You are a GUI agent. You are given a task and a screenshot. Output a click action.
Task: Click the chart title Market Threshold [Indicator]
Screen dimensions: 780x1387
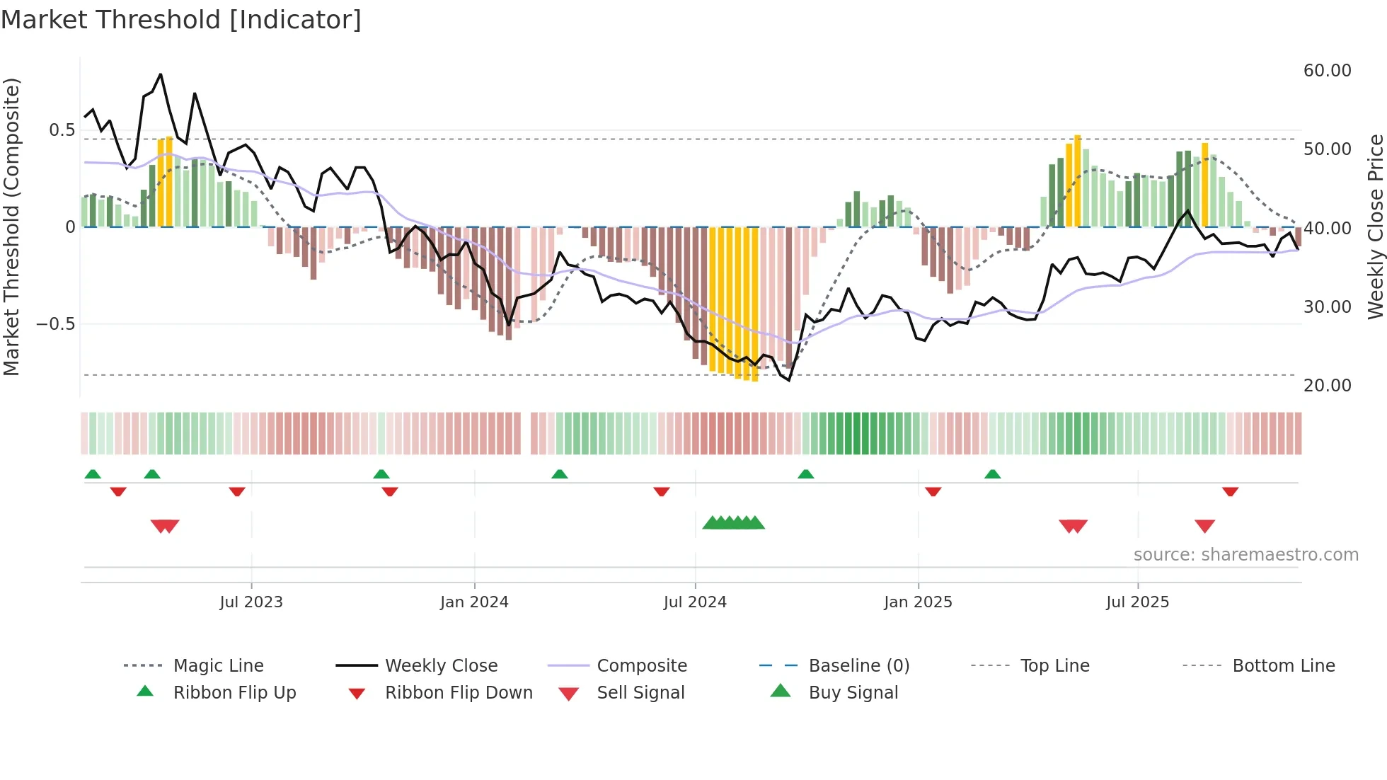click(181, 20)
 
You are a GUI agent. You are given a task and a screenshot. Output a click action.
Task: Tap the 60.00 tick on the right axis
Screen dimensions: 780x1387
click(1327, 71)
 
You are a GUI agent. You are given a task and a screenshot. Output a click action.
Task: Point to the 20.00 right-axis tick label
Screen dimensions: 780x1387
click(1327, 386)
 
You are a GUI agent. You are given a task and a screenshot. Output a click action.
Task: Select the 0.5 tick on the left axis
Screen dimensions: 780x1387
click(62, 130)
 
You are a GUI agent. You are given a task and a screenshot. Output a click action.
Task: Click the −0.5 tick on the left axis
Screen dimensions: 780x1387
click(55, 324)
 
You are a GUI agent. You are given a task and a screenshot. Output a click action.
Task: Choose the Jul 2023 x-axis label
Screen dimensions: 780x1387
click(251, 602)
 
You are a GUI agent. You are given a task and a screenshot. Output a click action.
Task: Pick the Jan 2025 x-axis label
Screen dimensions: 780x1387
click(918, 602)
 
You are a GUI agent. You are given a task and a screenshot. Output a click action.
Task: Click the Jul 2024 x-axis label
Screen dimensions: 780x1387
click(695, 602)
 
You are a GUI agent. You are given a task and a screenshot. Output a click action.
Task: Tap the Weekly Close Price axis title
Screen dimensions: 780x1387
click(1375, 226)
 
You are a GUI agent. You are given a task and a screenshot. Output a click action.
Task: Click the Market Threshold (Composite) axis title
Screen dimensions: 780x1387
click(11, 226)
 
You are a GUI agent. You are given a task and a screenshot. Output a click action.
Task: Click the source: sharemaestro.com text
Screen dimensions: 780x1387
click(1245, 555)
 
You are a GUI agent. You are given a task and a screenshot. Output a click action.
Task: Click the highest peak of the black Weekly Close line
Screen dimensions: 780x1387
click(161, 74)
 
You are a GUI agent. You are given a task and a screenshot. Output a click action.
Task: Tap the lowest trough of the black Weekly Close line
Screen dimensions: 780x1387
click(788, 380)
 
